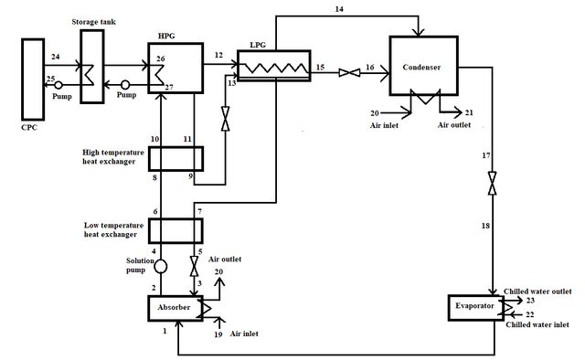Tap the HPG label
[x=166, y=36]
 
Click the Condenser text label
[x=421, y=67]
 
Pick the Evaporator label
[x=474, y=306]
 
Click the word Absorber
[x=174, y=307]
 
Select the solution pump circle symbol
[x=161, y=267]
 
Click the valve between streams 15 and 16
[x=349, y=73]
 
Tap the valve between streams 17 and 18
[x=493, y=183]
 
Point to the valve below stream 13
[x=226, y=119]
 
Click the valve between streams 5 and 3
[x=194, y=266]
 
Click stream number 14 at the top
[x=339, y=8]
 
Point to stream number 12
[x=218, y=55]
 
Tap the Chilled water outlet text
[x=537, y=291]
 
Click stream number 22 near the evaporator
[x=530, y=314]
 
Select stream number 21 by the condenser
[x=469, y=112]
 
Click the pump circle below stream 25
[x=58, y=85]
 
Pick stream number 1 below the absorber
[x=165, y=331]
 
